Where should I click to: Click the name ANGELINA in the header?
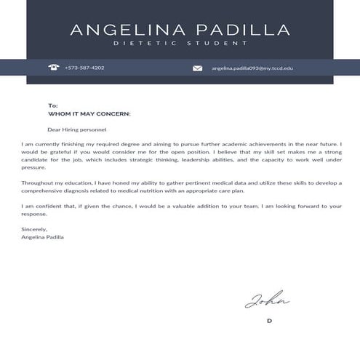[x=124, y=30]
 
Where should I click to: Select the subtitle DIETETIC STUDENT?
[x=180, y=44]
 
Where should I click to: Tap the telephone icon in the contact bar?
[x=53, y=68]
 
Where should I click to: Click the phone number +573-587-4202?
[x=84, y=68]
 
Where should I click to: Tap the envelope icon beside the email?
[x=198, y=68]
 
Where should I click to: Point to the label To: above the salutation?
[x=52, y=106]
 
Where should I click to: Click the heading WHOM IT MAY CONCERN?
[x=89, y=114]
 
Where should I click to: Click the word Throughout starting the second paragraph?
[x=38, y=183]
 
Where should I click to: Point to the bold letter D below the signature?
[x=269, y=321]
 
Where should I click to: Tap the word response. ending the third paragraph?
[x=34, y=215]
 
